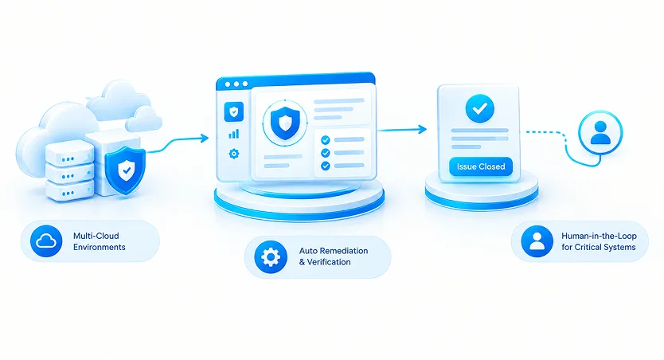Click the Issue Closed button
click(x=481, y=166)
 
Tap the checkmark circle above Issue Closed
click(x=480, y=109)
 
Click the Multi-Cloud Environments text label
click(x=99, y=241)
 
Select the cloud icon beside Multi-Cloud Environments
click(x=46, y=241)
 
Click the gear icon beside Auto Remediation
click(x=271, y=256)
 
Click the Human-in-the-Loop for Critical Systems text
click(x=599, y=241)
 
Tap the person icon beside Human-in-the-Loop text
click(x=537, y=241)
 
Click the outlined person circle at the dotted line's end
click(x=600, y=132)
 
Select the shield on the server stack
click(x=125, y=170)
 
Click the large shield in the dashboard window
click(x=284, y=123)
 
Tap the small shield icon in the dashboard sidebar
click(x=234, y=112)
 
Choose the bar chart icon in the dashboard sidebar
click(x=234, y=135)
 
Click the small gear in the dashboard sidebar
click(x=234, y=153)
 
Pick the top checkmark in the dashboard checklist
click(x=325, y=139)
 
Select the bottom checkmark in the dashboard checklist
click(x=325, y=166)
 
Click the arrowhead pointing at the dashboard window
click(x=205, y=138)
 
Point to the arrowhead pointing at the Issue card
click(x=422, y=129)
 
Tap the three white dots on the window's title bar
click(x=236, y=84)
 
